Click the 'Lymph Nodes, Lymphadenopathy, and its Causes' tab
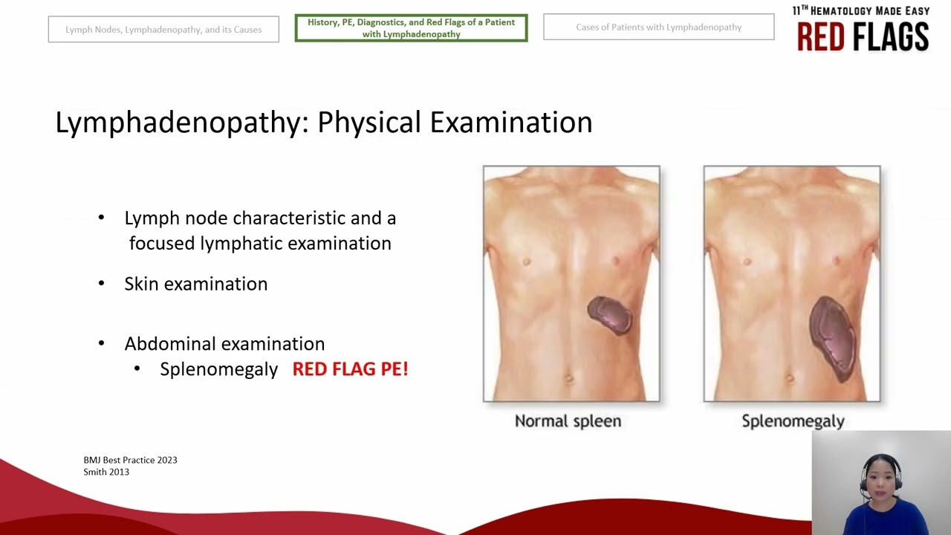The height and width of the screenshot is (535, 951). [163, 30]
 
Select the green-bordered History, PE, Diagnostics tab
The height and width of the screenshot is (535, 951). [411, 28]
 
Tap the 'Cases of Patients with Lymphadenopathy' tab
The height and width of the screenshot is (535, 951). [658, 27]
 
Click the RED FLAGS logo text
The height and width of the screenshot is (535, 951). [863, 36]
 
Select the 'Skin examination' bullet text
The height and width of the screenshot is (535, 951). [195, 284]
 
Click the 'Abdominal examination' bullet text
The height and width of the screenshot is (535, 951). [224, 344]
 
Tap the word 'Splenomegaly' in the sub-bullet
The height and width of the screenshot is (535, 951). [218, 369]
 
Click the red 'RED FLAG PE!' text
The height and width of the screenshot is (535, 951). [350, 369]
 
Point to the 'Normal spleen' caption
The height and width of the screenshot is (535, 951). [568, 421]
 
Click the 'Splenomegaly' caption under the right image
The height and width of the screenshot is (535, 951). [793, 421]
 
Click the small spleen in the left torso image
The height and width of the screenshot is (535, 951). [610, 315]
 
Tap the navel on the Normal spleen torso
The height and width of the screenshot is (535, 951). [571, 377]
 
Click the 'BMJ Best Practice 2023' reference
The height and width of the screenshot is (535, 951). [130, 460]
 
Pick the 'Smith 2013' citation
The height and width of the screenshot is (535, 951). [106, 472]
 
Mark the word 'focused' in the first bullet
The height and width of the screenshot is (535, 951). [162, 244]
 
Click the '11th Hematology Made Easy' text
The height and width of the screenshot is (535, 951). [860, 10]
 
